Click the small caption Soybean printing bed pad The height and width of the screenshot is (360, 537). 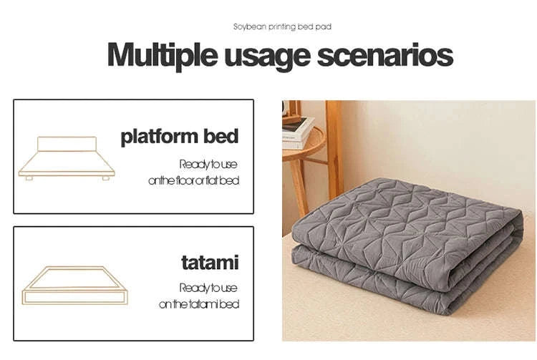tap(282, 26)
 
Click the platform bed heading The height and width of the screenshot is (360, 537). tap(179, 136)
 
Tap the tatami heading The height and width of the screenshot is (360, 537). tap(208, 262)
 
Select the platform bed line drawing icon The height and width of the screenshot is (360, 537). tap(67, 157)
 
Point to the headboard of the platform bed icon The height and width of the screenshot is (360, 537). tap(67, 144)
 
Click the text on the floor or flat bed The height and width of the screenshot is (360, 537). tap(193, 181)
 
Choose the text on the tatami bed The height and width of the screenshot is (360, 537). tap(198, 304)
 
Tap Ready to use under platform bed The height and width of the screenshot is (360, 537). tap(208, 163)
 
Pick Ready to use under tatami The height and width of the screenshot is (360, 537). tap(208, 288)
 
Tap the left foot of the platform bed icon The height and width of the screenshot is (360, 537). tap(29, 177)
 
